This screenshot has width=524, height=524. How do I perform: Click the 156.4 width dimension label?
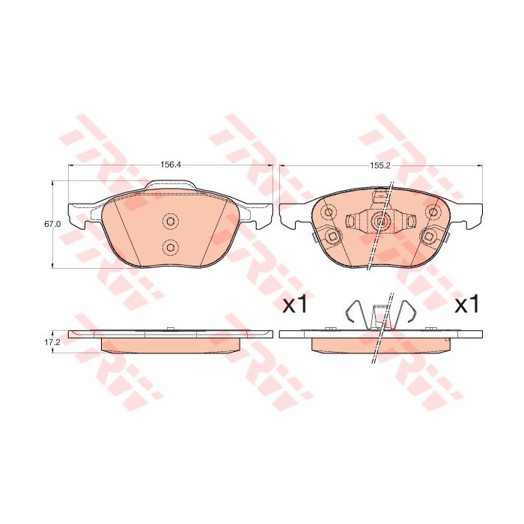click(170, 165)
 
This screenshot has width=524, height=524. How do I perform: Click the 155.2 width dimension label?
click(381, 165)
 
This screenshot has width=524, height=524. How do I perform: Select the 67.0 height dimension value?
click(52, 224)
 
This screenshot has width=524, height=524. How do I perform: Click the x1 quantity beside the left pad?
click(295, 305)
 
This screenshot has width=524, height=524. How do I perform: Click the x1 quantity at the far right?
click(466, 305)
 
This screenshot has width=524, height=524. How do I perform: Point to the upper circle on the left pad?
click(170, 221)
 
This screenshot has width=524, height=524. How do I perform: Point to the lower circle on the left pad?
click(170, 247)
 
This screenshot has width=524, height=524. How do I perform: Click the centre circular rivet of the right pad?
click(380, 221)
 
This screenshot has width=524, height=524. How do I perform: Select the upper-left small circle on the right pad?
click(329, 212)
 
